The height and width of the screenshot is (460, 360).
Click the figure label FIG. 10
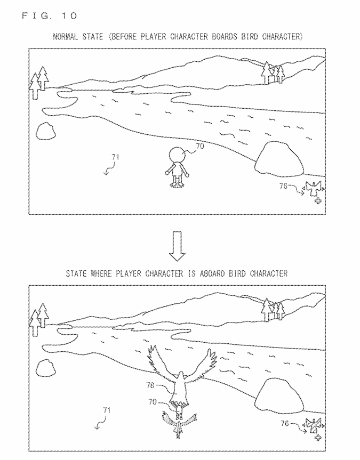point(49,15)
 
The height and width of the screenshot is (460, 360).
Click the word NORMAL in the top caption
point(66,37)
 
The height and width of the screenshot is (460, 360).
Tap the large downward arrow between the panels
point(177,246)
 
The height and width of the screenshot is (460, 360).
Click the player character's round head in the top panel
point(178,155)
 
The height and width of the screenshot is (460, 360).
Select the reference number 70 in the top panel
point(199,146)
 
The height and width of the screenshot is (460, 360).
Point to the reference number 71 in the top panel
point(115,157)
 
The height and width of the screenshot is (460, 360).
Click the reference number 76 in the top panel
point(283,186)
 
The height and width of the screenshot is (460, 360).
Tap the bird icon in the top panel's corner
point(314,189)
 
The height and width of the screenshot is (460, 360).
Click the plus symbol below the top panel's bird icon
point(318,201)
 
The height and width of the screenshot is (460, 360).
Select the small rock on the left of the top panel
point(46,131)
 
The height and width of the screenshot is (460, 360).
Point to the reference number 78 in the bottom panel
point(150,385)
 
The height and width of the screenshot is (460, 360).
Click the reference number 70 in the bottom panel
point(153,401)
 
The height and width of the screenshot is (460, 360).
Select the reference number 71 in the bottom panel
point(107,410)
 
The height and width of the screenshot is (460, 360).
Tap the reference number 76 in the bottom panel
point(285,423)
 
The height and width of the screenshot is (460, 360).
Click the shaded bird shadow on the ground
point(179,424)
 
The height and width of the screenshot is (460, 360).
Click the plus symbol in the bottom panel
point(318,438)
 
